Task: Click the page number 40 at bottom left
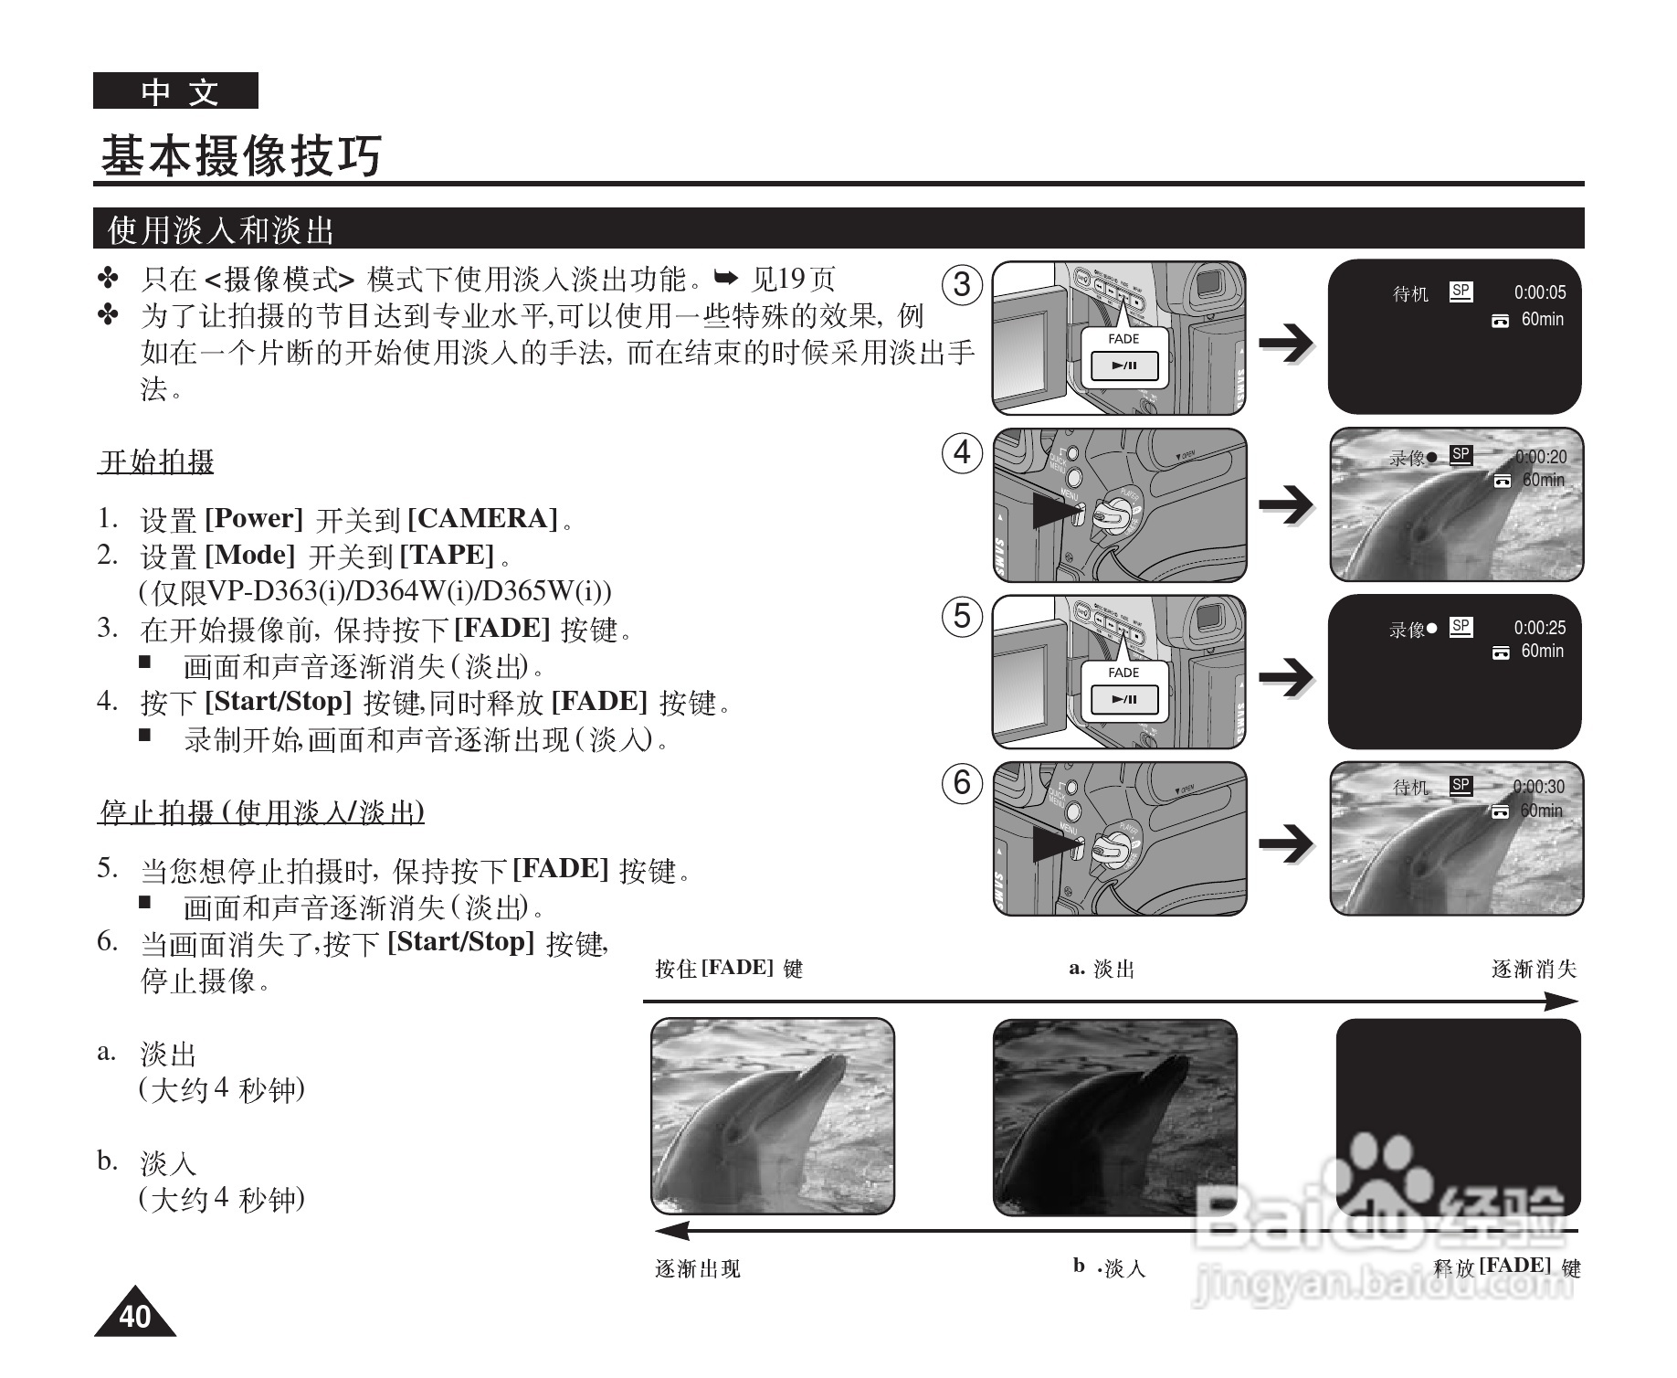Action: pos(134,1316)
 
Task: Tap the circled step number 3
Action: pos(962,284)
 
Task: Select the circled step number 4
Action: pos(962,452)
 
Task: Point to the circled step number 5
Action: pos(962,616)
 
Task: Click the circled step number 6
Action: pos(962,783)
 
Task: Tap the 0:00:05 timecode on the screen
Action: pos(1539,292)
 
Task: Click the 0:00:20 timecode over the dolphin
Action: pos(1540,457)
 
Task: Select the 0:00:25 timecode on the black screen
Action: pos(1539,628)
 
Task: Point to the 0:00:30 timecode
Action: pos(1538,787)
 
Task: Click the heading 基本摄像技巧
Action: pos(241,155)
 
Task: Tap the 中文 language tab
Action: pos(176,91)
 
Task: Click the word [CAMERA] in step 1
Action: pos(482,519)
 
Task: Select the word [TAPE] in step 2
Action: pos(447,555)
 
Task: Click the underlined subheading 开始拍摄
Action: pos(156,462)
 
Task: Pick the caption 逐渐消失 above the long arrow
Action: pos(1534,970)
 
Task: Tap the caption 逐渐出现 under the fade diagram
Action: pos(698,1268)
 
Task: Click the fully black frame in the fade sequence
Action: pos(1458,1116)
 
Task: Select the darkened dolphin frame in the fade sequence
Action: pos(1114,1117)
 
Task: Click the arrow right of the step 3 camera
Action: pos(1286,343)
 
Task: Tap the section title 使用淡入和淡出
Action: pos(221,229)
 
